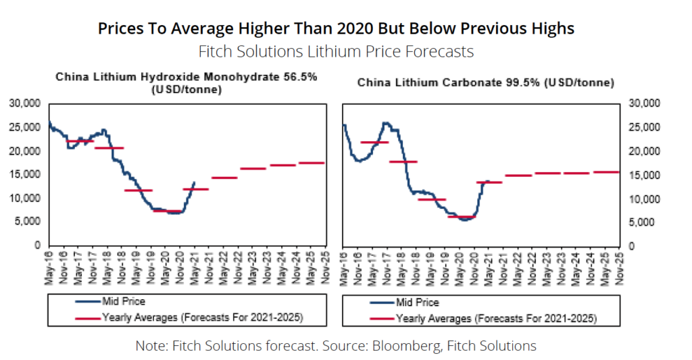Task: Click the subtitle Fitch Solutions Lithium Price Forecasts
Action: (336, 51)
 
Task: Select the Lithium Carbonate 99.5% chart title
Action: (485, 83)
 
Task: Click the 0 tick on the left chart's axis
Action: (38, 245)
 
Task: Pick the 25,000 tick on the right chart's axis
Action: (642, 127)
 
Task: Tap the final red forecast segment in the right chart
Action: (605, 172)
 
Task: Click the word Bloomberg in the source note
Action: (420, 346)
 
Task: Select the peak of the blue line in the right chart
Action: (386, 123)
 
